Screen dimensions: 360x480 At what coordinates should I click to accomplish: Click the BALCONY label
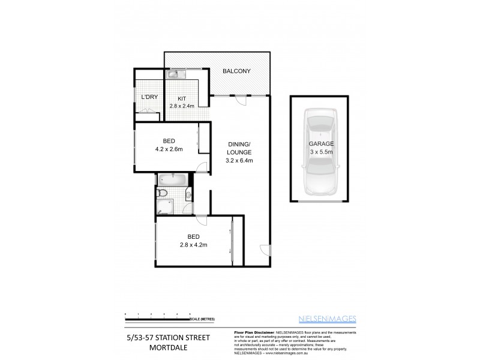tap(236, 71)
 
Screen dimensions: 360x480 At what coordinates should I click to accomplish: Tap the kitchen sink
tap(173, 75)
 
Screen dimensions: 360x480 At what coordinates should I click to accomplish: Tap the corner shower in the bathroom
tap(163, 208)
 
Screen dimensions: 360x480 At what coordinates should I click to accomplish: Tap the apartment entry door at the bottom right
tap(265, 250)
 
